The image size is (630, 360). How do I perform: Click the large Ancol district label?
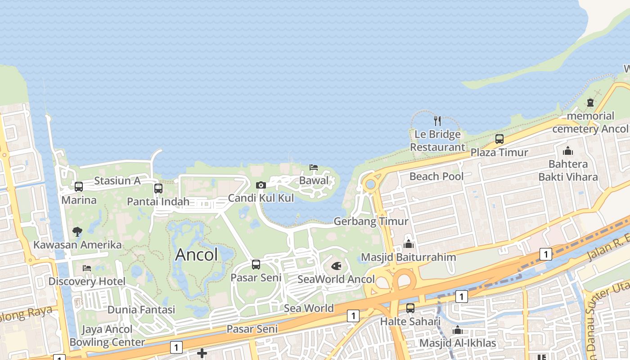pos(196,255)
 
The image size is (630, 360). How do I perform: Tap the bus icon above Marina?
pos(79,186)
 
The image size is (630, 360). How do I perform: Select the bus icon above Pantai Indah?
pos(158,189)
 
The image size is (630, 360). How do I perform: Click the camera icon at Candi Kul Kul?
pos(261,185)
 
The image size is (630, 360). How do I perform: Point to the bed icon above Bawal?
pos(314,167)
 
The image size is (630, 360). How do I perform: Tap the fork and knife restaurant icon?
pos(437,121)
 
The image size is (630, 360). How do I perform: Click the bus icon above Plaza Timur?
pos(499,139)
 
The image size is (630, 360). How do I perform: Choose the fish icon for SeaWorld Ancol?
pos(336,266)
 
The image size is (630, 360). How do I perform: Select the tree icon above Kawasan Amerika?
pos(77,232)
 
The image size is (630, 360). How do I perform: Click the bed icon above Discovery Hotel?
pos(87,268)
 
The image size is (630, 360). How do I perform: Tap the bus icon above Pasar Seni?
pos(256,264)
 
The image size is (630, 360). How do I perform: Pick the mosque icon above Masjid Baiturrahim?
pos(409,244)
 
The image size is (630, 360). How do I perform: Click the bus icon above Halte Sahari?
pos(410,308)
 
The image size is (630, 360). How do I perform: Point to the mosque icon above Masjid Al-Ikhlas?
pos(458,330)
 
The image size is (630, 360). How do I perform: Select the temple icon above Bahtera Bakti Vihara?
pos(568,151)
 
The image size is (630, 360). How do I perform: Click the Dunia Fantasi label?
pos(141,310)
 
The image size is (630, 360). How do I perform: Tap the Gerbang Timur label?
pos(371,221)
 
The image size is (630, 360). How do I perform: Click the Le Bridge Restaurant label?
pos(437,140)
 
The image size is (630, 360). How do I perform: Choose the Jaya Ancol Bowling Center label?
pos(107,336)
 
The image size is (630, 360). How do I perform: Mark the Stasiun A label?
pos(117,181)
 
